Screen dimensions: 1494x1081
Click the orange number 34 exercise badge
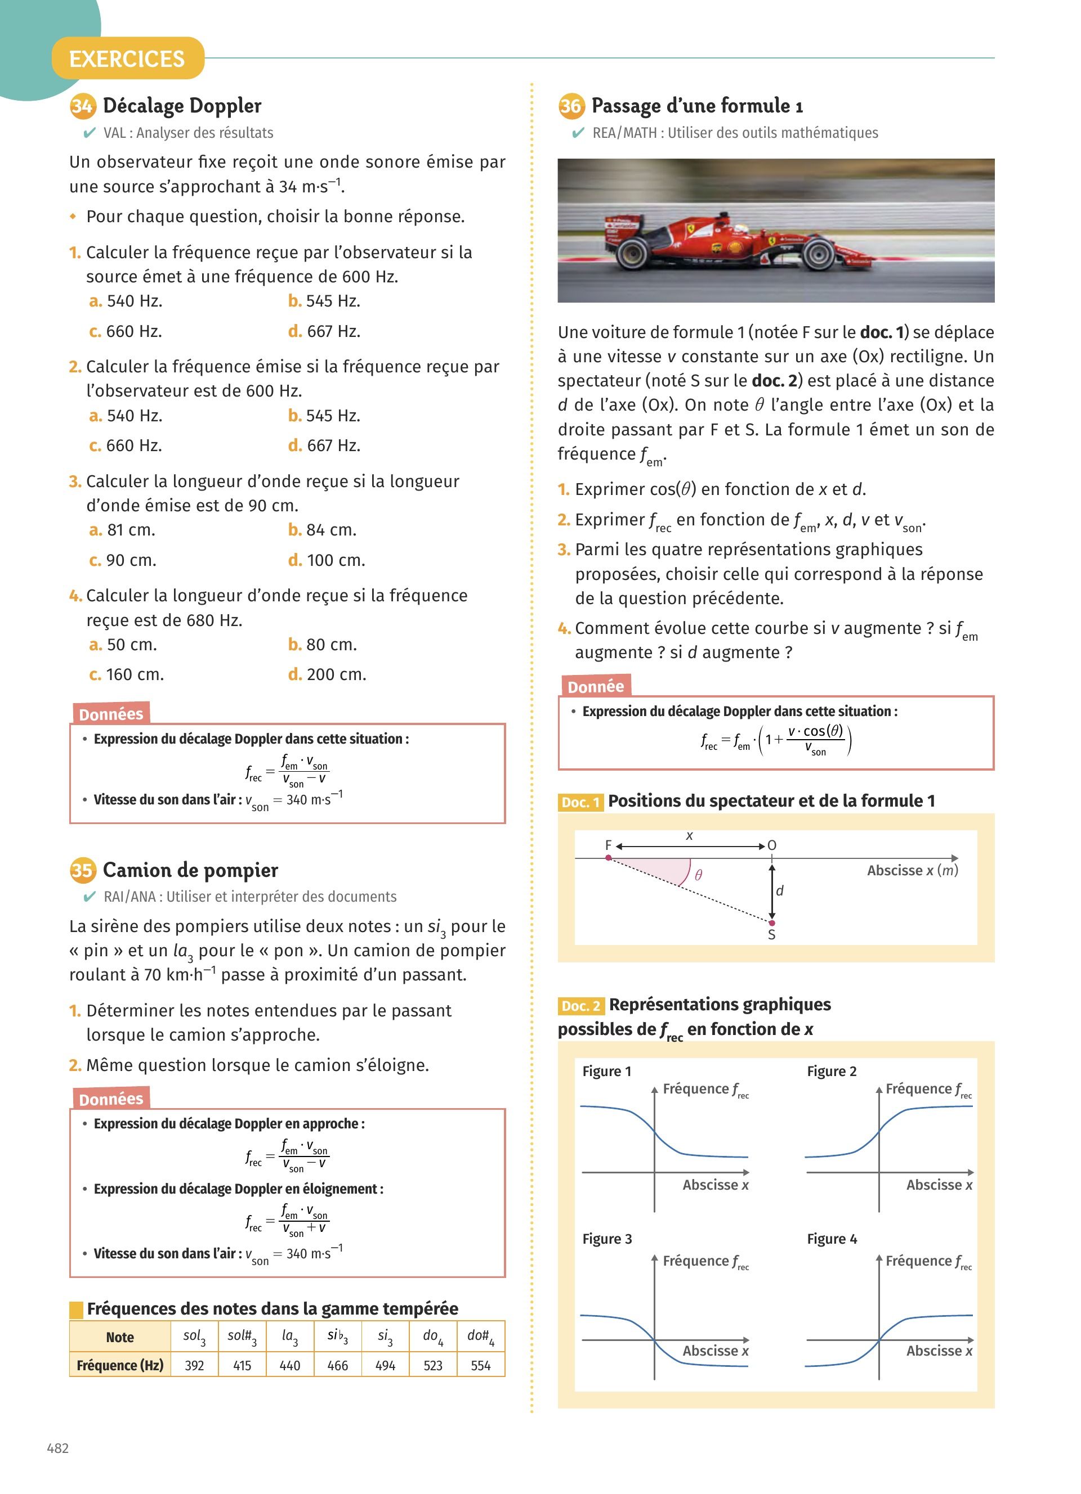[82, 106]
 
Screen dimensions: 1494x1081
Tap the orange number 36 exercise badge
[571, 106]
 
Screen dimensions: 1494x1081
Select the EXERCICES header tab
[127, 58]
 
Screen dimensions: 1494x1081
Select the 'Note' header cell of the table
[120, 1337]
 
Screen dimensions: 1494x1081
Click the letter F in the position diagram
[609, 845]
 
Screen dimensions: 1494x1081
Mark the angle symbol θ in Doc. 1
[699, 875]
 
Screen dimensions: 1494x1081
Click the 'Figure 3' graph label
[607, 1239]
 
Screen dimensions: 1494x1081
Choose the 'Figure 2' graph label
[832, 1071]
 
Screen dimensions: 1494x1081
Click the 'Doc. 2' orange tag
[580, 1006]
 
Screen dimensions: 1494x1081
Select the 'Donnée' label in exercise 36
[595, 687]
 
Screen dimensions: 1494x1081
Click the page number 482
[58, 1448]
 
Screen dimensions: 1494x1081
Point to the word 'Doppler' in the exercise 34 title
[225, 106]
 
